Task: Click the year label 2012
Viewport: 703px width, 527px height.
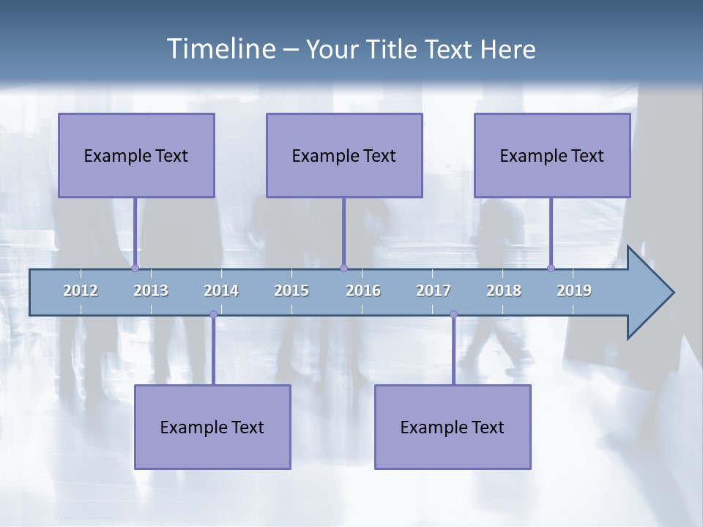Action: click(81, 291)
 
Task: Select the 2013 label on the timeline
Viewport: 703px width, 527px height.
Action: click(151, 291)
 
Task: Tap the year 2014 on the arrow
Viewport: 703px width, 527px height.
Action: click(221, 291)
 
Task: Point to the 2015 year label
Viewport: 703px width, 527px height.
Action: click(291, 291)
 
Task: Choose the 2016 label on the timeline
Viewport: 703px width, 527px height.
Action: click(363, 291)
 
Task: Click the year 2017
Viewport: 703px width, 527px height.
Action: click(434, 291)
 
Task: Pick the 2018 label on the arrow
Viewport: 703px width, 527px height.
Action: click(504, 291)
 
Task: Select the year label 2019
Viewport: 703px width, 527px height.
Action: click(574, 291)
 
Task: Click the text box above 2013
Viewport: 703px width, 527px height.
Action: click(136, 155)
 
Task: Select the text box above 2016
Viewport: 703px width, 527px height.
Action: click(344, 155)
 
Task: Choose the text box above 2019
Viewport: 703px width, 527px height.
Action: click(552, 155)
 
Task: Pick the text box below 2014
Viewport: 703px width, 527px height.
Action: click(212, 427)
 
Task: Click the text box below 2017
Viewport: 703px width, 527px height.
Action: click(453, 427)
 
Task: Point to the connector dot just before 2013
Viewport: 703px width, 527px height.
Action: click(135, 268)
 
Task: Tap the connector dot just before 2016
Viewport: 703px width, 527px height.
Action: click(343, 268)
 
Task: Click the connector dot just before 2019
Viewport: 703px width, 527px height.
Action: click(551, 268)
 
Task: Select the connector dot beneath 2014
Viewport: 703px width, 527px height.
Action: click(213, 314)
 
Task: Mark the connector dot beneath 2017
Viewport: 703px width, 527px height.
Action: click(453, 314)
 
